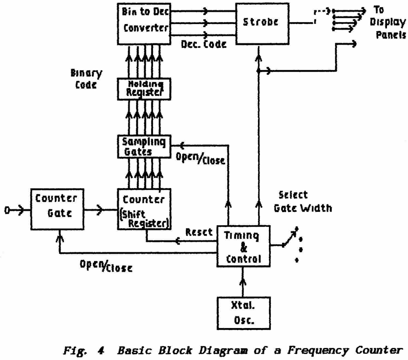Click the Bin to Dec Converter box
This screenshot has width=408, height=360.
pyautogui.click(x=144, y=24)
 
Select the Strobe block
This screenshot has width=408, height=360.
pyautogui.click(x=262, y=24)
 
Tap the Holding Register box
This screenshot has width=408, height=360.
pyautogui.click(x=144, y=89)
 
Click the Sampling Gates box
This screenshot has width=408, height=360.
pyautogui.click(x=144, y=147)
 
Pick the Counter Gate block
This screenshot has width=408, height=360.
pyautogui.click(x=57, y=209)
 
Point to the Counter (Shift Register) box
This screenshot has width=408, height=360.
pyautogui.click(x=144, y=209)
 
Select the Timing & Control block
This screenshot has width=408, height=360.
pyautogui.click(x=243, y=246)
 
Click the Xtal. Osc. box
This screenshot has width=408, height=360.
pyautogui.click(x=243, y=313)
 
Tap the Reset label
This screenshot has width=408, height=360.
pyautogui.click(x=199, y=232)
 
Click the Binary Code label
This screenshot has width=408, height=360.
pyautogui.click(x=86, y=79)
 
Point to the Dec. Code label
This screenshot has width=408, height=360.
pyautogui.click(x=204, y=44)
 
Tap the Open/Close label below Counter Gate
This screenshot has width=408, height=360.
pyautogui.click(x=106, y=266)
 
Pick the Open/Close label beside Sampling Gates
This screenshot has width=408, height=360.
pyautogui.click(x=200, y=159)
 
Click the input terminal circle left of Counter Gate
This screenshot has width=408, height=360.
pyautogui.click(x=7, y=210)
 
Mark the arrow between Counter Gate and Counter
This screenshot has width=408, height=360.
pyautogui.click(x=100, y=210)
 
